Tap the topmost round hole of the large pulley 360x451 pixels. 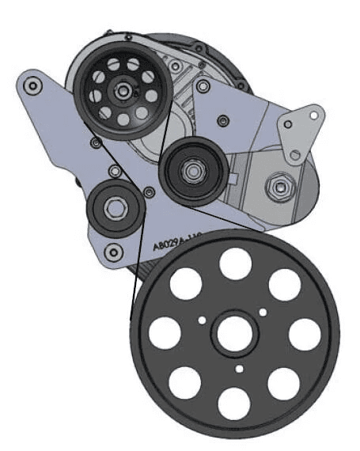pyautogui.click(x=235, y=264)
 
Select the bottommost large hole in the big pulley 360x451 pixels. pyautogui.click(x=234, y=404)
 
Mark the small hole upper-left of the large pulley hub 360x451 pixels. pyautogui.click(x=203, y=320)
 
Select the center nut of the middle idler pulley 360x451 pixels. pyautogui.click(x=191, y=169)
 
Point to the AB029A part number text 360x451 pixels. pyautogui.click(x=172, y=244)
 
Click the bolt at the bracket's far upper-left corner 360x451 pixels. pyautogui.click(x=32, y=83)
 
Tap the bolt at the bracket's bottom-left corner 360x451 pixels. pyautogui.click(x=116, y=254)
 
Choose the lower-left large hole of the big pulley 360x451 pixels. pyautogui.click(x=185, y=384)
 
